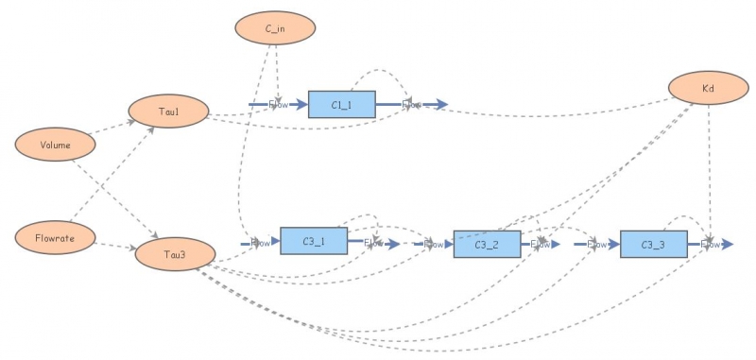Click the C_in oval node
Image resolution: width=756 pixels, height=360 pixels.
275,28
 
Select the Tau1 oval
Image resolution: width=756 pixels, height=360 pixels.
168,111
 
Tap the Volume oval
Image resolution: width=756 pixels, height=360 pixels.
56,145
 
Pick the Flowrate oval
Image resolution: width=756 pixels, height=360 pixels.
59,238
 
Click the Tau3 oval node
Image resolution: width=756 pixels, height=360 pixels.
175,254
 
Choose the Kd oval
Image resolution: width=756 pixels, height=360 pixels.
708,88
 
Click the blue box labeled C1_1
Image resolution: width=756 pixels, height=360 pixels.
341,104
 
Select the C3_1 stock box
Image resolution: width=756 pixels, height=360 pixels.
313,242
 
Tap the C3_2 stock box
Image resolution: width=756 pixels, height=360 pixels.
487,244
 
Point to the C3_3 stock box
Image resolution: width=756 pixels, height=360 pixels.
653,244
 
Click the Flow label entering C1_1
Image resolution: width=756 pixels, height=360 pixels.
279,104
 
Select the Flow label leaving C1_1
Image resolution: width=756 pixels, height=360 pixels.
412,104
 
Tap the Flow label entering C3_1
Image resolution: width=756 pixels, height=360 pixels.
260,243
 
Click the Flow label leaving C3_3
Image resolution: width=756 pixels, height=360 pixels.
709,244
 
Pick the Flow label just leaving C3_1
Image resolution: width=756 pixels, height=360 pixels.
373,243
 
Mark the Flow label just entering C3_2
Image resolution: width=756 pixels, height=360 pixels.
434,244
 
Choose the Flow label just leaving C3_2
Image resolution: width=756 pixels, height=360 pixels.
541,244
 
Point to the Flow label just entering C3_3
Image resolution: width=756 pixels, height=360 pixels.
597,244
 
